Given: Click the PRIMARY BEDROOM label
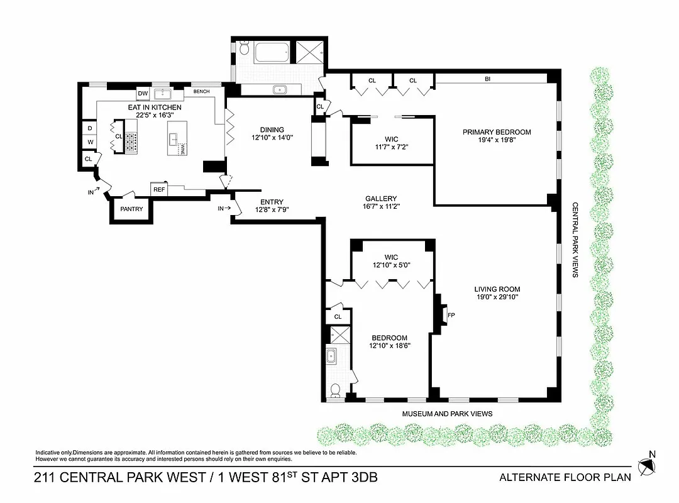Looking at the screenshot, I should (x=497, y=132).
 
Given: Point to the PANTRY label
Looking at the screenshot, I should (x=131, y=209).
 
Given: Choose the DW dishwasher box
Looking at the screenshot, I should (x=143, y=94).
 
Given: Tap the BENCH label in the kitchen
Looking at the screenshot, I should (x=201, y=92).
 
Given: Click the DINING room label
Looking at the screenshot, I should (x=272, y=130).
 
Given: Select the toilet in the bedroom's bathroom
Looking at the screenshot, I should (x=336, y=390).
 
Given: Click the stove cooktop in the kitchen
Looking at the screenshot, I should (x=131, y=143).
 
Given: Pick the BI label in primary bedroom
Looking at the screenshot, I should (x=487, y=79).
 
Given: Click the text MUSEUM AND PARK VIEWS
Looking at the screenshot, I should (x=447, y=414).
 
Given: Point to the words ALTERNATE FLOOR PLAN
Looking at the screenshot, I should (x=565, y=477).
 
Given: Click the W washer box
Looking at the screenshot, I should (x=89, y=142).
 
